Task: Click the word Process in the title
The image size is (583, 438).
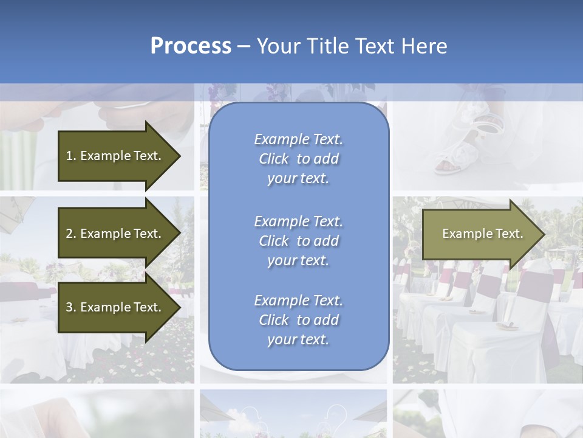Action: tap(191, 46)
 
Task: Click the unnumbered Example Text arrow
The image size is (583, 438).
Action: tap(482, 234)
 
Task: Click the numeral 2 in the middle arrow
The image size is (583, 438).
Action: tap(69, 234)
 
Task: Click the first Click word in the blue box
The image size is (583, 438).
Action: tap(274, 159)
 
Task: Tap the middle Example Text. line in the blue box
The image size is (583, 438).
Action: tap(298, 221)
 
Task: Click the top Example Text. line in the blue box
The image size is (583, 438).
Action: tap(298, 139)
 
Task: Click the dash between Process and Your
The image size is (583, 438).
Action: tap(244, 46)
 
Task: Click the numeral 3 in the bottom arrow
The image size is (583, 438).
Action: tap(69, 307)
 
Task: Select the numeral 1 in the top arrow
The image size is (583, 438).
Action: tap(69, 156)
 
